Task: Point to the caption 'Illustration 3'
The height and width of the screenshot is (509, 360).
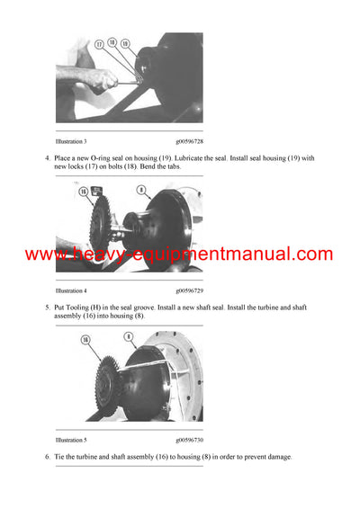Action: click(71, 140)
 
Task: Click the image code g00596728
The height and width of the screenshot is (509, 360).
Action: click(189, 140)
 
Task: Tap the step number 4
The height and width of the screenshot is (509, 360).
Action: click(48, 158)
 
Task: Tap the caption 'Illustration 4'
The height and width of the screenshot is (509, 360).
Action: click(71, 290)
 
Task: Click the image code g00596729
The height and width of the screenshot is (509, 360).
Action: click(189, 290)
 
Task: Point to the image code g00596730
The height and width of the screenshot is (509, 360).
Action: click(189, 442)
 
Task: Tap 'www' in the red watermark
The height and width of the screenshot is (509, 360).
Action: click(41, 255)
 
